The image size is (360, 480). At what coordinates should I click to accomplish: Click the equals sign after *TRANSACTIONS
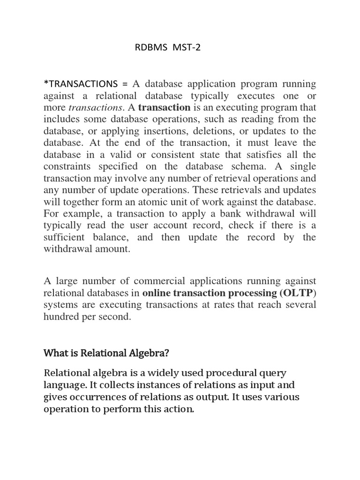click(125, 84)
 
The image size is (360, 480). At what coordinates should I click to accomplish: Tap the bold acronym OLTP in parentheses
click(299, 293)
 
